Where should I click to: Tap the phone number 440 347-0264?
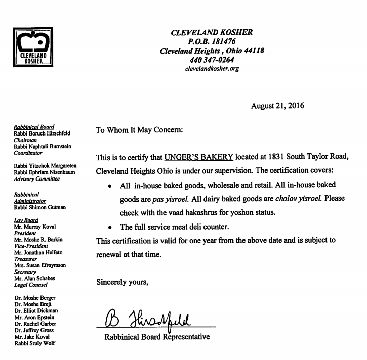click(212, 60)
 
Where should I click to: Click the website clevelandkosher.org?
click(212, 69)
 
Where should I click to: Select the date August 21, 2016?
click(277, 106)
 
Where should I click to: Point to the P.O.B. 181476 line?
click(212, 42)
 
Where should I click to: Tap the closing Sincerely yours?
click(123, 282)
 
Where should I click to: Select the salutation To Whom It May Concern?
click(139, 130)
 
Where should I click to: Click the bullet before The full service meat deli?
click(110, 227)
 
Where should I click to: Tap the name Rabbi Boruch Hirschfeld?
click(42, 133)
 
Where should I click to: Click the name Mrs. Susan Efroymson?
click(40, 265)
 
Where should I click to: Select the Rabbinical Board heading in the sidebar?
click(34, 127)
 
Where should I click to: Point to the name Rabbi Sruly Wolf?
click(34, 343)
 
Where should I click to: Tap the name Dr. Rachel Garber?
click(35, 324)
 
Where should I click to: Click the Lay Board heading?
click(26, 220)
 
